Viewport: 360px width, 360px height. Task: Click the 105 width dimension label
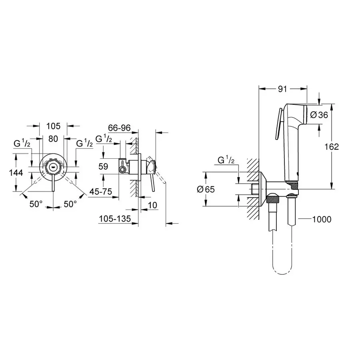point(53,126)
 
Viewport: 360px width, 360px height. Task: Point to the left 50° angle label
point(36,204)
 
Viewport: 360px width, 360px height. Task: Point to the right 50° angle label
point(70,204)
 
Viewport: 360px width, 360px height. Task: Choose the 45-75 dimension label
point(100,192)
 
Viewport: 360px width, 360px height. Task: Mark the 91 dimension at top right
point(283,89)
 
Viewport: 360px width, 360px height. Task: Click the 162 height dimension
point(332,147)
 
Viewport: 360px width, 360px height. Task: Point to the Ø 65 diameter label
point(206,189)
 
